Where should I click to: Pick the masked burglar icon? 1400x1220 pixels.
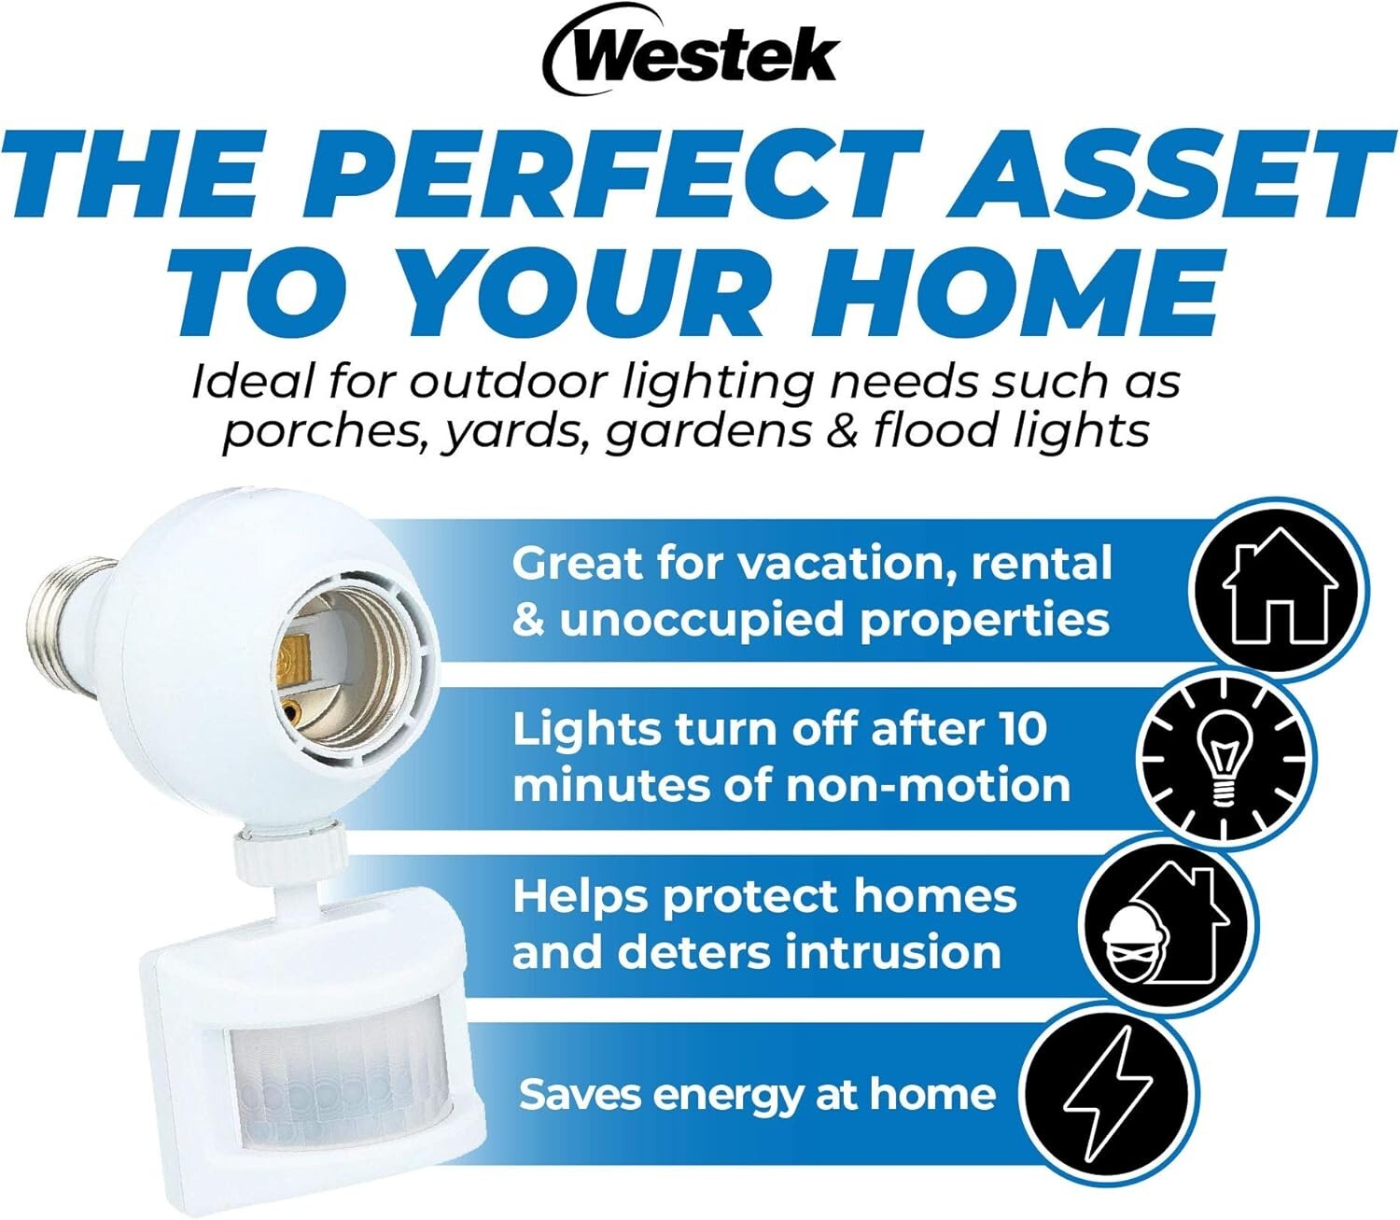pos(1166,924)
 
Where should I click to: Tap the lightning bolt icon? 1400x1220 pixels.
pos(1108,1092)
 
